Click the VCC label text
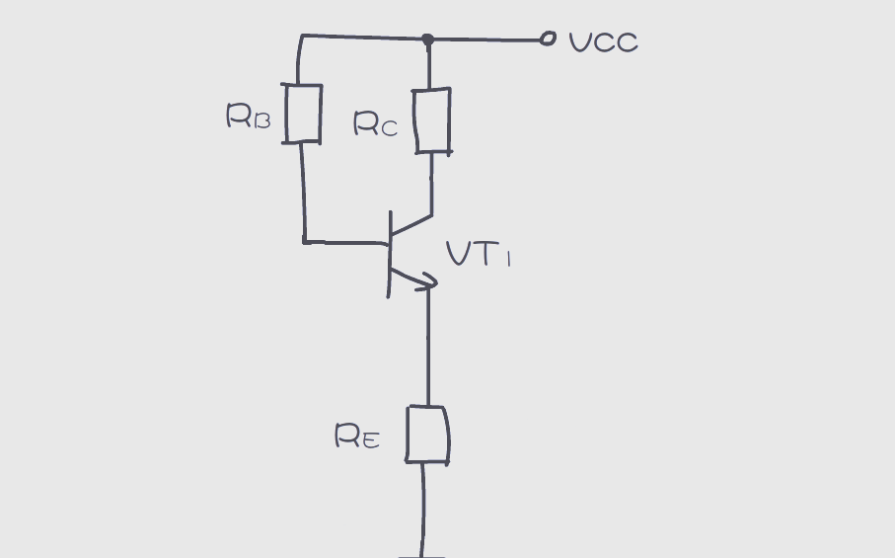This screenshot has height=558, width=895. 604,42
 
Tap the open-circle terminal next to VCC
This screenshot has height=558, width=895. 548,39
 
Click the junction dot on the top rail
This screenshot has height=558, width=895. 427,40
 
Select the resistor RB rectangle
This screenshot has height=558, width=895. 304,114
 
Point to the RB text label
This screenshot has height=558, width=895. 248,118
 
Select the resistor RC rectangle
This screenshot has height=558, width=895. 432,121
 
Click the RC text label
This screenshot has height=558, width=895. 376,124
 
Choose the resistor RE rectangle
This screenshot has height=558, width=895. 429,435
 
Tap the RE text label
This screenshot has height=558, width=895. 356,437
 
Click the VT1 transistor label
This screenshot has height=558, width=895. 479,256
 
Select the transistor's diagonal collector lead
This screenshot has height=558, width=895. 411,225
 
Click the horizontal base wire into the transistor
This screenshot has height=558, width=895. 345,241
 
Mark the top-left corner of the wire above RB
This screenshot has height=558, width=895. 302,37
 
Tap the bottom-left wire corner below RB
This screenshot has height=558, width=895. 304,240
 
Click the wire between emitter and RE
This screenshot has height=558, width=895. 428,346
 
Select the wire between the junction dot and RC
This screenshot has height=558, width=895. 428,65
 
